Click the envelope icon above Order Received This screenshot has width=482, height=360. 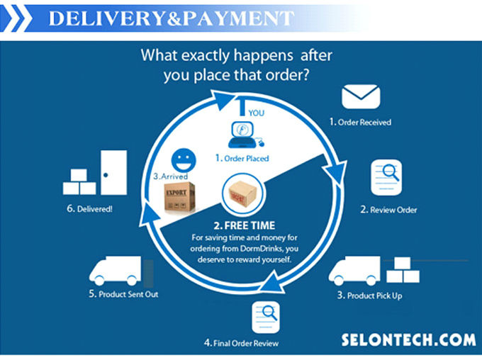point(361,97)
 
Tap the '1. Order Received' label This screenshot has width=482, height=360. point(359,122)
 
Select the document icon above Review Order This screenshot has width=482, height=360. point(386,177)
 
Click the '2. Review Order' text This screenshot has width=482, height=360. point(388,210)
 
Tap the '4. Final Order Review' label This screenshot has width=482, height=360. point(241,343)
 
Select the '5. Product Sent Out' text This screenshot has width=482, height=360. point(122,293)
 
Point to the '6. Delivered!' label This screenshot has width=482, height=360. point(89,209)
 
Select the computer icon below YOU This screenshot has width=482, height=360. point(244,134)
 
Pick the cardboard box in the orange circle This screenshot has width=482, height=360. point(242,196)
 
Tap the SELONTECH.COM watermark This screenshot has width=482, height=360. point(408,339)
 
